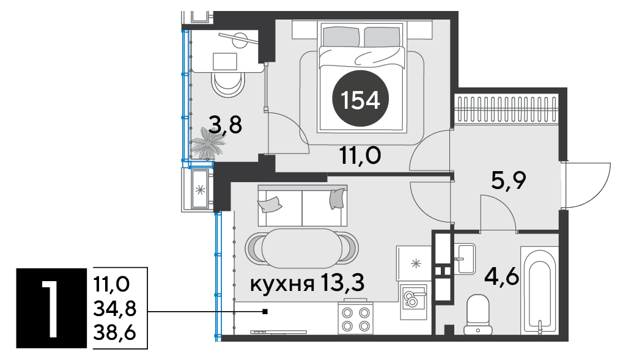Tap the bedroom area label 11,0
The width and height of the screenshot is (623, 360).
coord(360,155)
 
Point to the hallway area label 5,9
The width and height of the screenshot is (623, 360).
coord(509,181)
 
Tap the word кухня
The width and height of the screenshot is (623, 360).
coord(282,284)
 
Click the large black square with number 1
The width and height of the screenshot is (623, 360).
coord(51,308)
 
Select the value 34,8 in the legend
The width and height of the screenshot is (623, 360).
coord(115,308)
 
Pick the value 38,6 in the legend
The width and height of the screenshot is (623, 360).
coord(115,332)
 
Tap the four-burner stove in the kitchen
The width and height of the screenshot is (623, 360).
coord(356,319)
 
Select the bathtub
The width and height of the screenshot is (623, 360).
coord(539,290)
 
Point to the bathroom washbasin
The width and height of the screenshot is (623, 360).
coord(465,259)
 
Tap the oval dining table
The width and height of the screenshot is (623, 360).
coord(302,249)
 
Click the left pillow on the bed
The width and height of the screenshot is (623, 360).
coord(341,37)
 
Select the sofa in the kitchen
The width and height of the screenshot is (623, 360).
coord(303,206)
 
